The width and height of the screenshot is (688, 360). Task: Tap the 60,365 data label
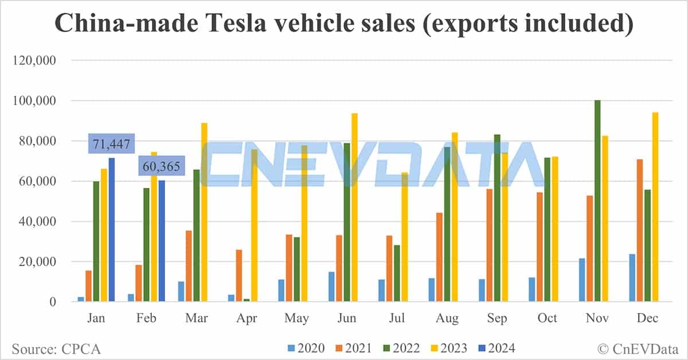click(x=162, y=167)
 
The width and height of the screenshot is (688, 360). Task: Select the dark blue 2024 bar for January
click(x=112, y=229)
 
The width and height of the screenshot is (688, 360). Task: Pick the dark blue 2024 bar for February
click(x=162, y=241)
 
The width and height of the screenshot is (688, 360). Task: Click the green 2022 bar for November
click(x=597, y=201)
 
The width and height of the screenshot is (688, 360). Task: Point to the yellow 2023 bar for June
click(x=354, y=207)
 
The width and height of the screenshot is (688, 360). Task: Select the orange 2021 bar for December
click(x=639, y=230)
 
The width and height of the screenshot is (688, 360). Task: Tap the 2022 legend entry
click(x=401, y=348)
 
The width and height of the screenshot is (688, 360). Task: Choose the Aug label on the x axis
click(x=447, y=319)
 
